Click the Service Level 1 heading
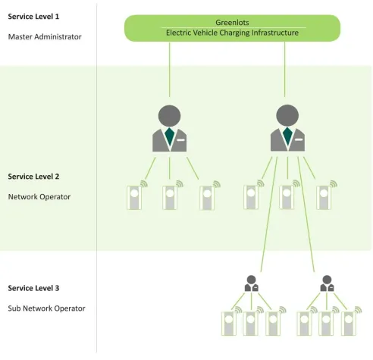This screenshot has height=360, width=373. click(x=33, y=16)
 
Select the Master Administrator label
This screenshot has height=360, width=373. click(x=44, y=36)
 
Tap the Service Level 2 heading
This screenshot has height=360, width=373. click(x=33, y=176)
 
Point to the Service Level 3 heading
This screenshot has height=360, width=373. click(x=33, y=288)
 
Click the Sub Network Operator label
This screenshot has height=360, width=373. click(x=46, y=308)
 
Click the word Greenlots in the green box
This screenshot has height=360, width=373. click(x=232, y=23)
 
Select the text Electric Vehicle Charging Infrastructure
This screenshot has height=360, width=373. click(x=232, y=33)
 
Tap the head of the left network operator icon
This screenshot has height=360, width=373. click(x=170, y=116)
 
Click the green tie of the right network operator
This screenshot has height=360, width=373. click(x=287, y=136)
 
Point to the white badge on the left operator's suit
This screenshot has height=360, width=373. click(x=181, y=139)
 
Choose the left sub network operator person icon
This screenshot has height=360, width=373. click(x=251, y=283)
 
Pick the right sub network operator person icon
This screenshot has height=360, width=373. click(x=326, y=283)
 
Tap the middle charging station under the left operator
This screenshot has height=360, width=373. click(x=170, y=197)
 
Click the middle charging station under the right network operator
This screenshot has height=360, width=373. click(x=286, y=197)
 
